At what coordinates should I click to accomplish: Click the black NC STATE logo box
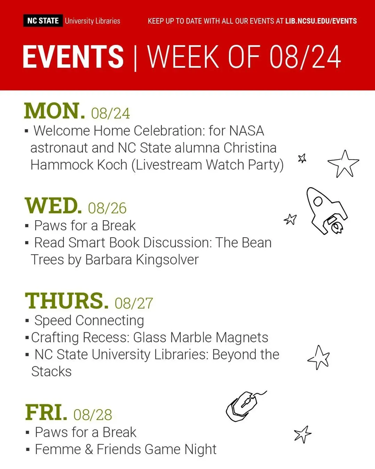[x=43, y=21]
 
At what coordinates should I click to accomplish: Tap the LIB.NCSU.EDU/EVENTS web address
[x=321, y=21]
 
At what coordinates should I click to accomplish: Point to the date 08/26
[x=107, y=208]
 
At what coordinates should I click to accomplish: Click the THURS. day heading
[x=67, y=301]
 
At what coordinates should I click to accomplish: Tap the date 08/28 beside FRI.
[x=93, y=415]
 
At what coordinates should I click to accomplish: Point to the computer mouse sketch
[x=246, y=406]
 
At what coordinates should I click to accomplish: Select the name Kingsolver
[x=168, y=260]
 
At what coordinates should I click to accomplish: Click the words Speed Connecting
[x=89, y=321]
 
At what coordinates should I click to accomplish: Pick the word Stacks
[x=51, y=372]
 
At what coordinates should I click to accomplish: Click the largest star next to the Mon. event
[x=343, y=164]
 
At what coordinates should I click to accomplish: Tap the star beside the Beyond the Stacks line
[x=319, y=357]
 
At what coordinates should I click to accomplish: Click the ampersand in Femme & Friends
[x=89, y=450]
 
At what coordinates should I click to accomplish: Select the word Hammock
[x=62, y=165]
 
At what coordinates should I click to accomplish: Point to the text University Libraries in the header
[x=92, y=21]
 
